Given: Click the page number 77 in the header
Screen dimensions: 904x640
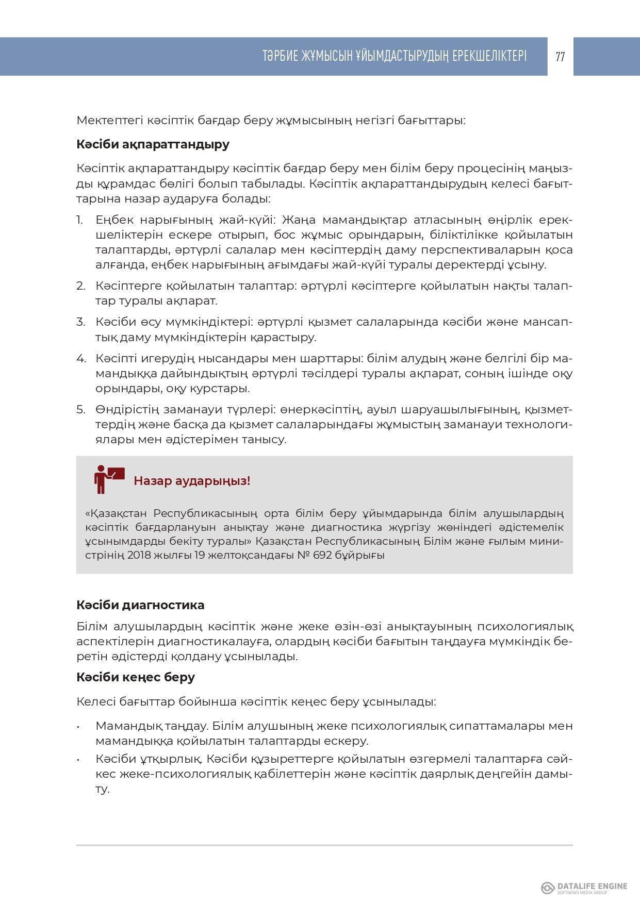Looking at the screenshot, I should pos(560,57).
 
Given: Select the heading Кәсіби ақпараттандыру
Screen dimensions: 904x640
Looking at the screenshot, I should pos(153,144).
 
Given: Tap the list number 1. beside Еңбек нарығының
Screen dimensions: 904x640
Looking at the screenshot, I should pos(79,220).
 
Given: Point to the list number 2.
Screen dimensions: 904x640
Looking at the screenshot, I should pos(80,286).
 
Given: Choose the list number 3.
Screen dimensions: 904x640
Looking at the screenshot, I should pos(80,322).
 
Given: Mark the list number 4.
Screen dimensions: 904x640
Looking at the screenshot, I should pos(80,358).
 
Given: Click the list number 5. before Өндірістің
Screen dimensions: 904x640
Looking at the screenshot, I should pos(80,410).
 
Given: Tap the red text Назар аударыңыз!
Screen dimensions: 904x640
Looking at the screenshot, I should pos(192,481).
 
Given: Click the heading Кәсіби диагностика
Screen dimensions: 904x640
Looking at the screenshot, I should pos(140,605).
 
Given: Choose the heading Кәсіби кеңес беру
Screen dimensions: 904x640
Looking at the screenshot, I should pos(136,677).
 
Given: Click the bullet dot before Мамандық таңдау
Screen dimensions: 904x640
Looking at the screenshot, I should pos(78,727).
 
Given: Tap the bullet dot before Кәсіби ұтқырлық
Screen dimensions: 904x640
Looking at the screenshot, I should pos(78,760).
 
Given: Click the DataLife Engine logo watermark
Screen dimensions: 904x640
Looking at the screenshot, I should pos(584,887).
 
